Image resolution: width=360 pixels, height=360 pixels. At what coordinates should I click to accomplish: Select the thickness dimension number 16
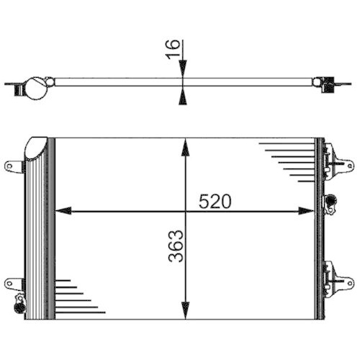[x=172, y=53]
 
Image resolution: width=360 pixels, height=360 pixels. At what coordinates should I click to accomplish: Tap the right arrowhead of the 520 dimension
[x=307, y=211]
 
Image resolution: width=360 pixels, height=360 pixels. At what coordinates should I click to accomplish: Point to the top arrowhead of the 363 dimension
[x=186, y=146]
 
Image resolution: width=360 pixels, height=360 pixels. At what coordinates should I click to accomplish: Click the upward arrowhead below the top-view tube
[x=184, y=94]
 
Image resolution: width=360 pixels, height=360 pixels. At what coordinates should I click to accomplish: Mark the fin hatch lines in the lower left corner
[x=76, y=297]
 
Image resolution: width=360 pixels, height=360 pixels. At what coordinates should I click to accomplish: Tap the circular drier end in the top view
[x=35, y=89]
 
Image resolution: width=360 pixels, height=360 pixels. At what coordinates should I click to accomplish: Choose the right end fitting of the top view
[x=330, y=84]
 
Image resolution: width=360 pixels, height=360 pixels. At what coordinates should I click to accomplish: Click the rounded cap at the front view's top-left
[x=35, y=148]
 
